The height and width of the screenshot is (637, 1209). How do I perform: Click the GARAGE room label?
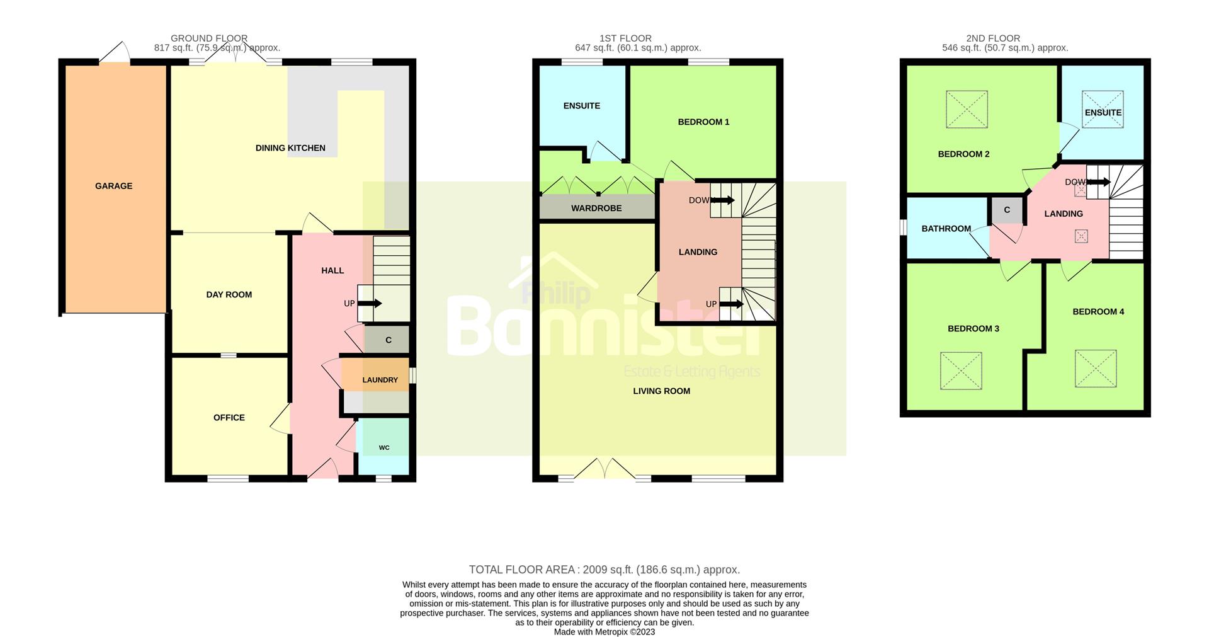pos(113,186)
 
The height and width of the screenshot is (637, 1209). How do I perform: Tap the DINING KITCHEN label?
pos(290,148)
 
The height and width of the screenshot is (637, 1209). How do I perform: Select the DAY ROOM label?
pos(229,294)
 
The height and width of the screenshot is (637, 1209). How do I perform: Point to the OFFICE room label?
pos(229,418)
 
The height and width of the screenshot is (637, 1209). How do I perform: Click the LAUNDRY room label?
pos(380,380)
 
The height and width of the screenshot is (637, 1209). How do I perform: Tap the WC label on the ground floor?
pos(384,448)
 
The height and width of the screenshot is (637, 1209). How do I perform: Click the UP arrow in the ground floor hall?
pos(370,303)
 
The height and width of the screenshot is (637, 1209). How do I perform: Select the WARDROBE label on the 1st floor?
pos(596,208)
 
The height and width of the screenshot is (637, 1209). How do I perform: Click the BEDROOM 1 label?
pos(703,122)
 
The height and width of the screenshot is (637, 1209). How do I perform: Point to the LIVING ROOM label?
pos(662,391)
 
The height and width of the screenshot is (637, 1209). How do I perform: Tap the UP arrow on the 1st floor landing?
pos(732,304)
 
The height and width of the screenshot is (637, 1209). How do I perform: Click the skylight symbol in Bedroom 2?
pos(967,110)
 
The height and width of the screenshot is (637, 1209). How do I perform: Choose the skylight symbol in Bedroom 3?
pos(961,370)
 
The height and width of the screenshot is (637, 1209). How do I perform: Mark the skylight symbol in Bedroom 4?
pos(1096,369)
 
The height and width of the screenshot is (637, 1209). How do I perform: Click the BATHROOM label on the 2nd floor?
pos(946,229)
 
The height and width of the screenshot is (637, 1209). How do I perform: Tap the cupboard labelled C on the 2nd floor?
pos(1007,210)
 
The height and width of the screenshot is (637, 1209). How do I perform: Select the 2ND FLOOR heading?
pos(993,38)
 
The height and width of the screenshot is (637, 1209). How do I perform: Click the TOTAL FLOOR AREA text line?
pos(604,570)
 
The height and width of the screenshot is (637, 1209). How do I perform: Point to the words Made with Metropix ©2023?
pos(604,632)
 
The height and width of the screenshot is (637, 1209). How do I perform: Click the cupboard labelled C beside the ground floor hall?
pos(387,340)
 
